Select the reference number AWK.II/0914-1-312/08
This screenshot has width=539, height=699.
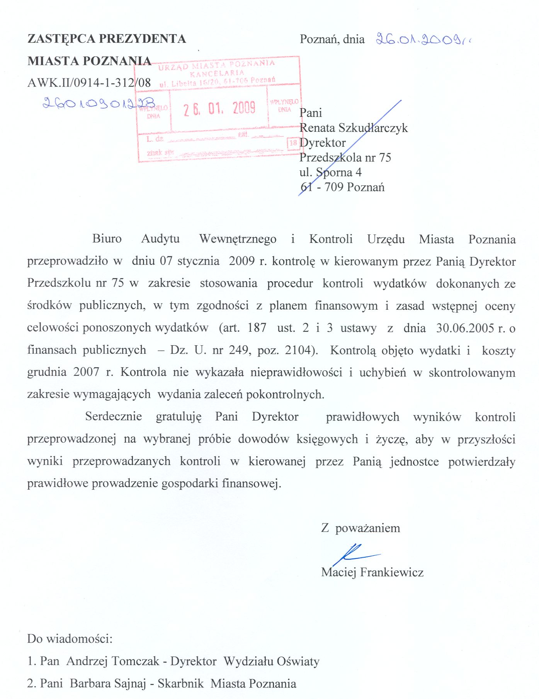click(89, 83)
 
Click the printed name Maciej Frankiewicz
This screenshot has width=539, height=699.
click(372, 572)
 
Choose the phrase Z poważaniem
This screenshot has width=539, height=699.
click(360, 528)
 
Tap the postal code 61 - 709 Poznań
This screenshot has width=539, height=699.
click(342, 187)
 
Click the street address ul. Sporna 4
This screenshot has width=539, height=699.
click(330, 172)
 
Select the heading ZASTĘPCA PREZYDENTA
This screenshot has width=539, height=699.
click(107, 39)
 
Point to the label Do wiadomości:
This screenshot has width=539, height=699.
click(70, 639)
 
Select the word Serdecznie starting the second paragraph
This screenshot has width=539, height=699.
click(114, 416)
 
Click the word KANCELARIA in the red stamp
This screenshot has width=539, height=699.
click(217, 73)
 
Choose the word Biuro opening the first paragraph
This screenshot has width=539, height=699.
click(107, 239)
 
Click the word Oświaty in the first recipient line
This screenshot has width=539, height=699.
click(301, 661)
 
